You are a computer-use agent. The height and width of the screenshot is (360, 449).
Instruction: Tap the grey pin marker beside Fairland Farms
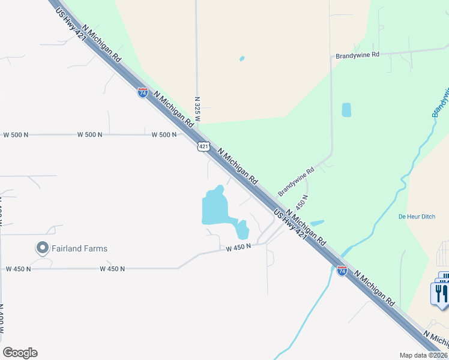42,247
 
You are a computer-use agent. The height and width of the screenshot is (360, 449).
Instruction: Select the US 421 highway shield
204,146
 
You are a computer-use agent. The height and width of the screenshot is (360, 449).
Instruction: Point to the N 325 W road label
197,110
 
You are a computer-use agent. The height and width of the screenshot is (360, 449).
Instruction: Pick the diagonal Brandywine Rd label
297,182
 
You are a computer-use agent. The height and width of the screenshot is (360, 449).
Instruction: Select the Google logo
20,353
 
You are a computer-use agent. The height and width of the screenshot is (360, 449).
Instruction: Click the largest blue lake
214,207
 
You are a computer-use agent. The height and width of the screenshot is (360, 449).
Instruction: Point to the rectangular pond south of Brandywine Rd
346,110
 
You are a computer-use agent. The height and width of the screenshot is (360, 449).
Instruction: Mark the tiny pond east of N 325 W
242,59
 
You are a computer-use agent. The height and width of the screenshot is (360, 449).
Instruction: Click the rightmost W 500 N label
164,134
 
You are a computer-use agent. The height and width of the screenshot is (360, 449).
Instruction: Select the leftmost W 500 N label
16,134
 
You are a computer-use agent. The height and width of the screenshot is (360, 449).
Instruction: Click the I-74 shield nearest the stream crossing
342,271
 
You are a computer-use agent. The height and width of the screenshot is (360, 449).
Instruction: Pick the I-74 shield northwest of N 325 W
142,93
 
